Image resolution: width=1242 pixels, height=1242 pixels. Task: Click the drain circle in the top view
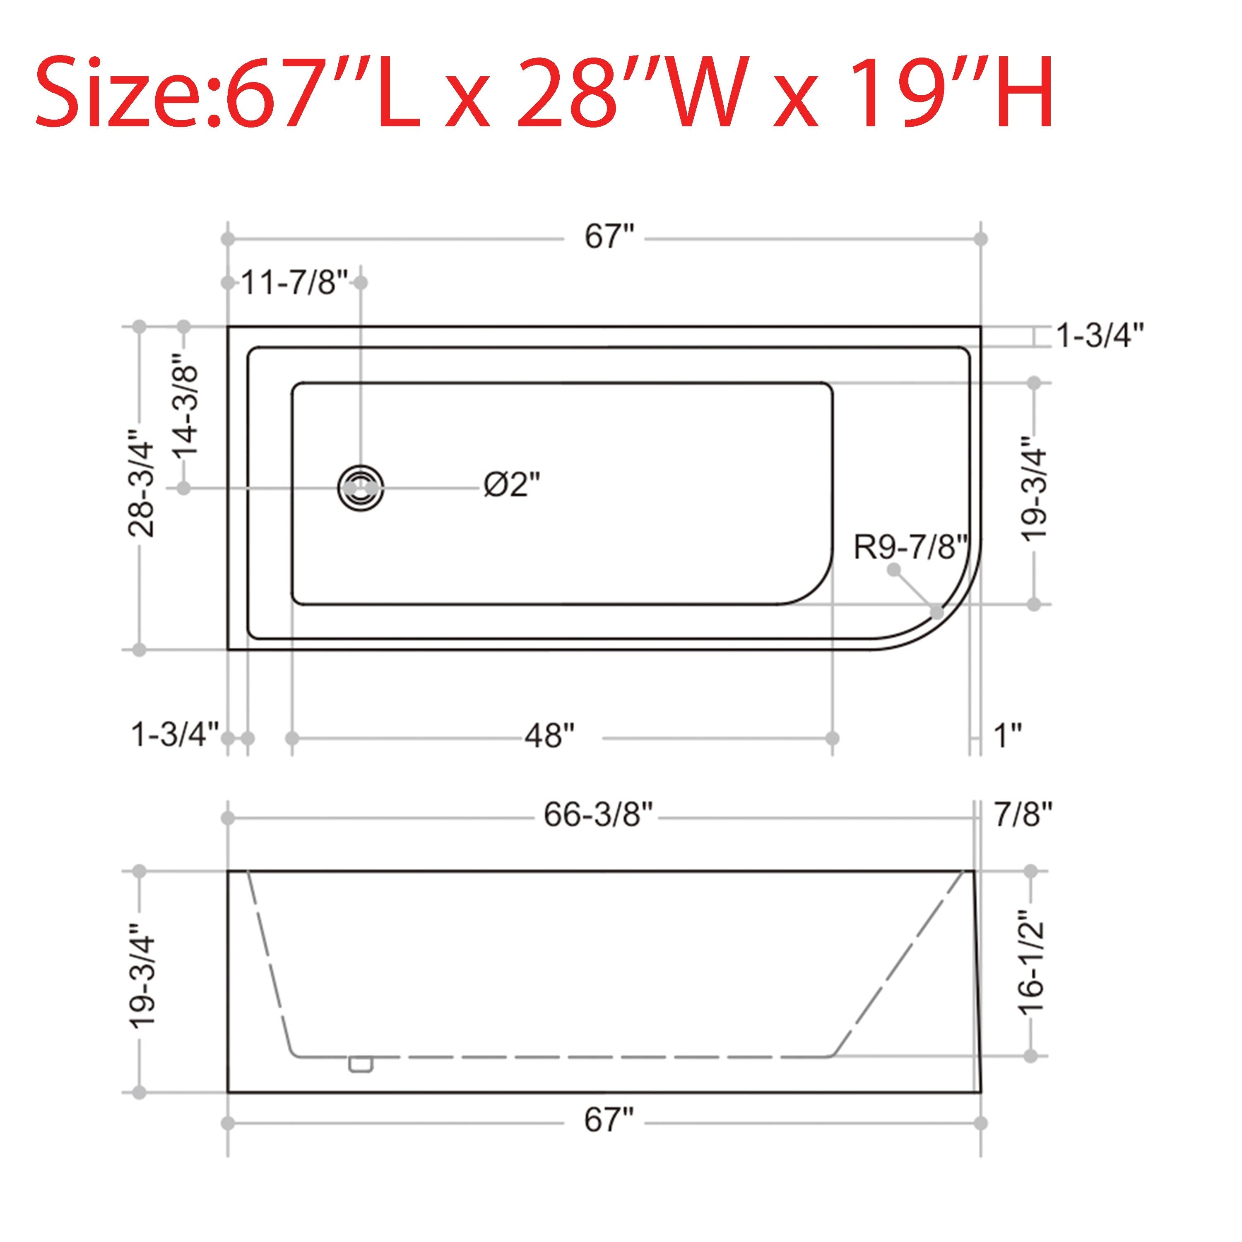[361, 489]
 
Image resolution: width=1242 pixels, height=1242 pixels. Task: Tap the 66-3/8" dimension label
[598, 815]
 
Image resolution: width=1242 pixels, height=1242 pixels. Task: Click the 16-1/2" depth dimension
[1030, 963]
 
